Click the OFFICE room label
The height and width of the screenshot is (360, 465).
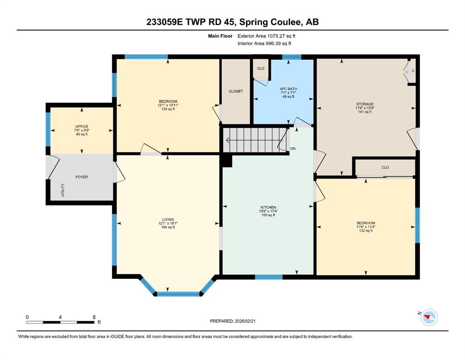coord(81,127)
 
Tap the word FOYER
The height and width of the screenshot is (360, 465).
coord(81,177)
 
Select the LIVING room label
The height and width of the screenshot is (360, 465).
coord(168,220)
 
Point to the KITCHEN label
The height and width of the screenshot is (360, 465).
coord(268,208)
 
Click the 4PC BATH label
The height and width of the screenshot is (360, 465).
coord(288,89)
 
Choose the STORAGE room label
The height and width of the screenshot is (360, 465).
coord(365,104)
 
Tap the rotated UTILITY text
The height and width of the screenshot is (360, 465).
coord(63,190)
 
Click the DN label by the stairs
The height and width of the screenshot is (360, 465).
coord(293,149)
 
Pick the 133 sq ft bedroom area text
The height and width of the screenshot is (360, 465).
coord(168,109)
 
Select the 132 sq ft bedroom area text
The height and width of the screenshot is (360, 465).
coord(366,231)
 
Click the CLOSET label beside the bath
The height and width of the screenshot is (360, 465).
coord(236,91)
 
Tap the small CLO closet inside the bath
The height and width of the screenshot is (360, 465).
coord(261,68)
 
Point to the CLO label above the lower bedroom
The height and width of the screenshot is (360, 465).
coord(385,167)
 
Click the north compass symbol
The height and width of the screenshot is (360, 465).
coord(429,317)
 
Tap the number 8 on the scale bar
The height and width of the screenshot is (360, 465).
coord(94,317)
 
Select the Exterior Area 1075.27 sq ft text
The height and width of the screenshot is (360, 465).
coord(266,36)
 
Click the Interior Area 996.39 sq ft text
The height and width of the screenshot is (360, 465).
coord(264,43)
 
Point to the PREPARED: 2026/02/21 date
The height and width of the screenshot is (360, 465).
coord(232,321)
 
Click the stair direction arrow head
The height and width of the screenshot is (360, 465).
coord(228,140)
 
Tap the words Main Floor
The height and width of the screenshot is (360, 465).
coord(220,36)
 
